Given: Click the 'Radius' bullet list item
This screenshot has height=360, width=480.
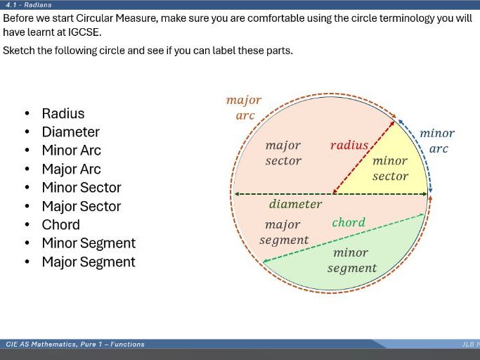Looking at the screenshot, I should pyautogui.click(x=63, y=114).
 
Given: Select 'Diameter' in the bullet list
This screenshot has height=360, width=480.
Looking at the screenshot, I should pyautogui.click(x=70, y=132).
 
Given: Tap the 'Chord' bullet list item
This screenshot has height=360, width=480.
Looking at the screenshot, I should pyautogui.click(x=60, y=225).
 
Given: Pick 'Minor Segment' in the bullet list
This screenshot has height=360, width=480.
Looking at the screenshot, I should pyautogui.click(x=89, y=243).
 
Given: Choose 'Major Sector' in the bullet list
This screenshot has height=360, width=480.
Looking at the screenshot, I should pyautogui.click(x=81, y=207).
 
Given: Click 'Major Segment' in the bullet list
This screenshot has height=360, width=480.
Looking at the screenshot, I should pyautogui.click(x=89, y=262).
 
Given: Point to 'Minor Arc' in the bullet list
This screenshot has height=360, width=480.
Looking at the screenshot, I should pyautogui.click(x=71, y=150).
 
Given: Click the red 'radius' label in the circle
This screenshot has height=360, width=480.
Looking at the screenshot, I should pyautogui.click(x=349, y=146).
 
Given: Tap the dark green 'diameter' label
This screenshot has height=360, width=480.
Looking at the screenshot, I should pyautogui.click(x=295, y=205).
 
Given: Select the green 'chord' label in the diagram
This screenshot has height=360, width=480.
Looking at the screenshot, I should pyautogui.click(x=349, y=223).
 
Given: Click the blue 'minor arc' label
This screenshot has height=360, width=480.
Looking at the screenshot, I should pyautogui.click(x=437, y=141).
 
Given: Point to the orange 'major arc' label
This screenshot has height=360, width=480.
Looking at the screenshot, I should pyautogui.click(x=244, y=108).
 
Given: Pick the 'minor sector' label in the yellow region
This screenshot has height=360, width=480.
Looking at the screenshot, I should pyautogui.click(x=390, y=169).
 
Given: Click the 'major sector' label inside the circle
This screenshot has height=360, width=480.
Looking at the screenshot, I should pyautogui.click(x=283, y=153).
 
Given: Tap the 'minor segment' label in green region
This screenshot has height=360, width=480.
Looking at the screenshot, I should pyautogui.click(x=351, y=260).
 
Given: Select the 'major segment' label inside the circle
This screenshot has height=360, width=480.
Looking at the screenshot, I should pyautogui.click(x=284, y=233).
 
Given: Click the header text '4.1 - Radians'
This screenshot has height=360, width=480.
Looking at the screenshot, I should pyautogui.click(x=29, y=4).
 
